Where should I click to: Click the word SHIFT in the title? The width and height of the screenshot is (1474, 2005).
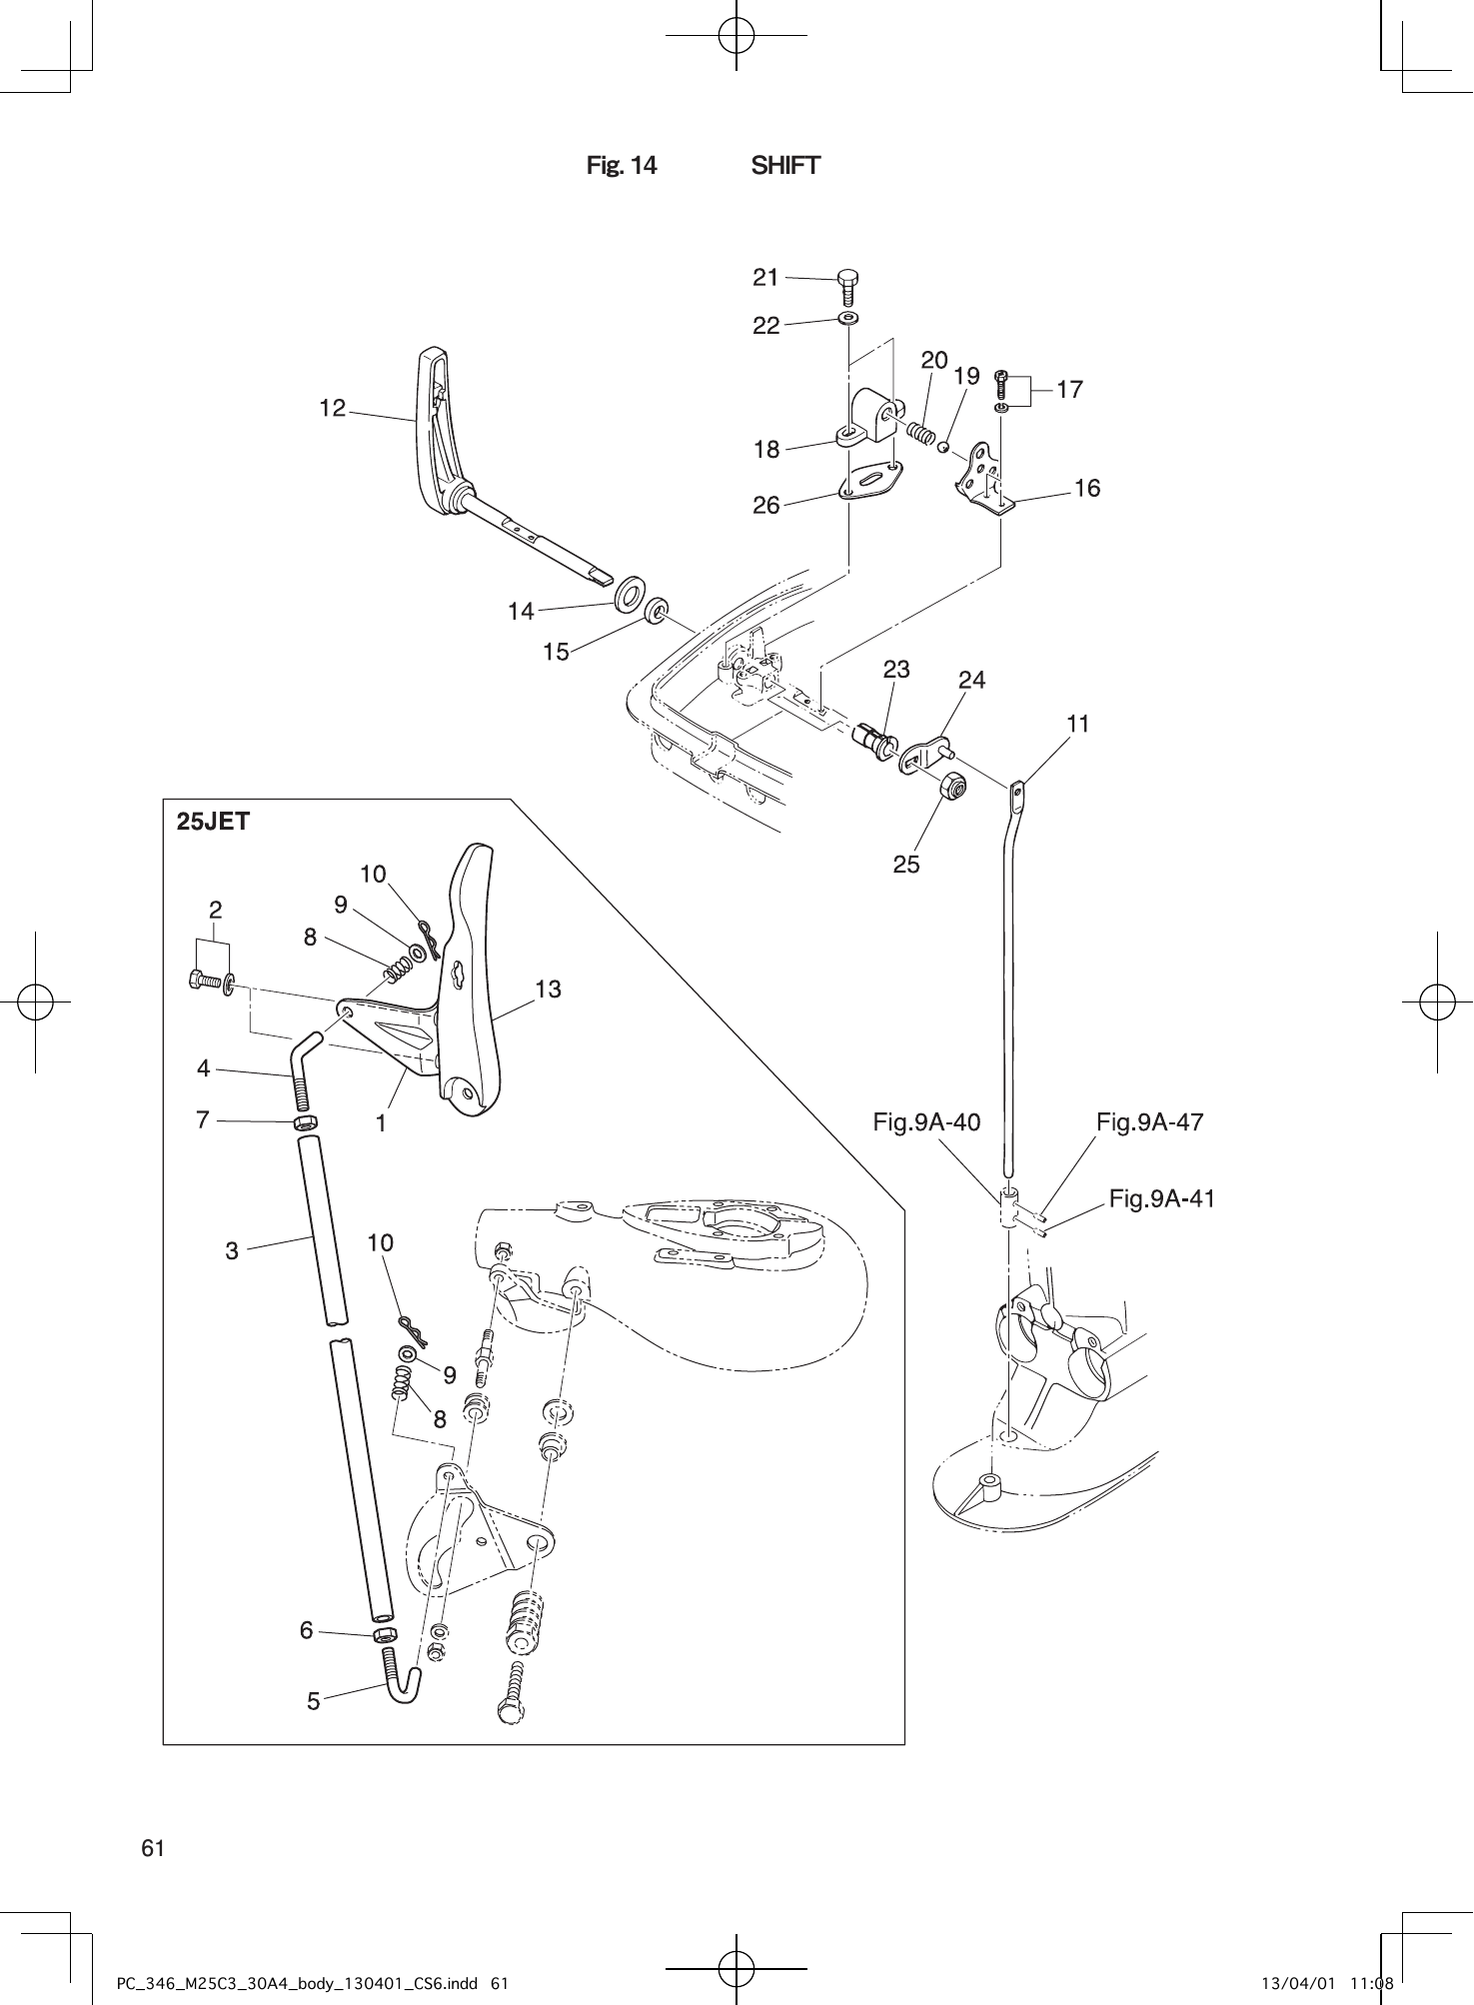point(785,166)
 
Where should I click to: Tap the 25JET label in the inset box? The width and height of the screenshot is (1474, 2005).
point(213,823)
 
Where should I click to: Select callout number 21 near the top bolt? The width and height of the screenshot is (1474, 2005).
point(765,278)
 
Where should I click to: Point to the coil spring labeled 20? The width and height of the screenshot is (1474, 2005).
point(921,433)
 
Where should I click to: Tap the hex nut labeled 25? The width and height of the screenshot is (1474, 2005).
point(954,788)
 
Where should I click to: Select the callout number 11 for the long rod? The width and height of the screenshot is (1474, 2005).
point(1077,723)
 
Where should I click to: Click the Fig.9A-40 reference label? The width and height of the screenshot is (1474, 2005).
point(926,1122)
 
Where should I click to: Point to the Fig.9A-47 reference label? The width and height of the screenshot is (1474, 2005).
point(1149,1122)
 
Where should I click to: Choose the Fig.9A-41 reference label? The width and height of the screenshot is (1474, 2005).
point(1162,1198)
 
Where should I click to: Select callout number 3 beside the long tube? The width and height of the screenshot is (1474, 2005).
point(232,1250)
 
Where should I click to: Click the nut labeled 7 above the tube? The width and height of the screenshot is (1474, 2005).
point(307,1122)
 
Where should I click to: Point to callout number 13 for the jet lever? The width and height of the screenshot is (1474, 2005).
point(548,990)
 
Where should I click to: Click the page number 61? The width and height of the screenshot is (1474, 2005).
point(153,1848)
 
